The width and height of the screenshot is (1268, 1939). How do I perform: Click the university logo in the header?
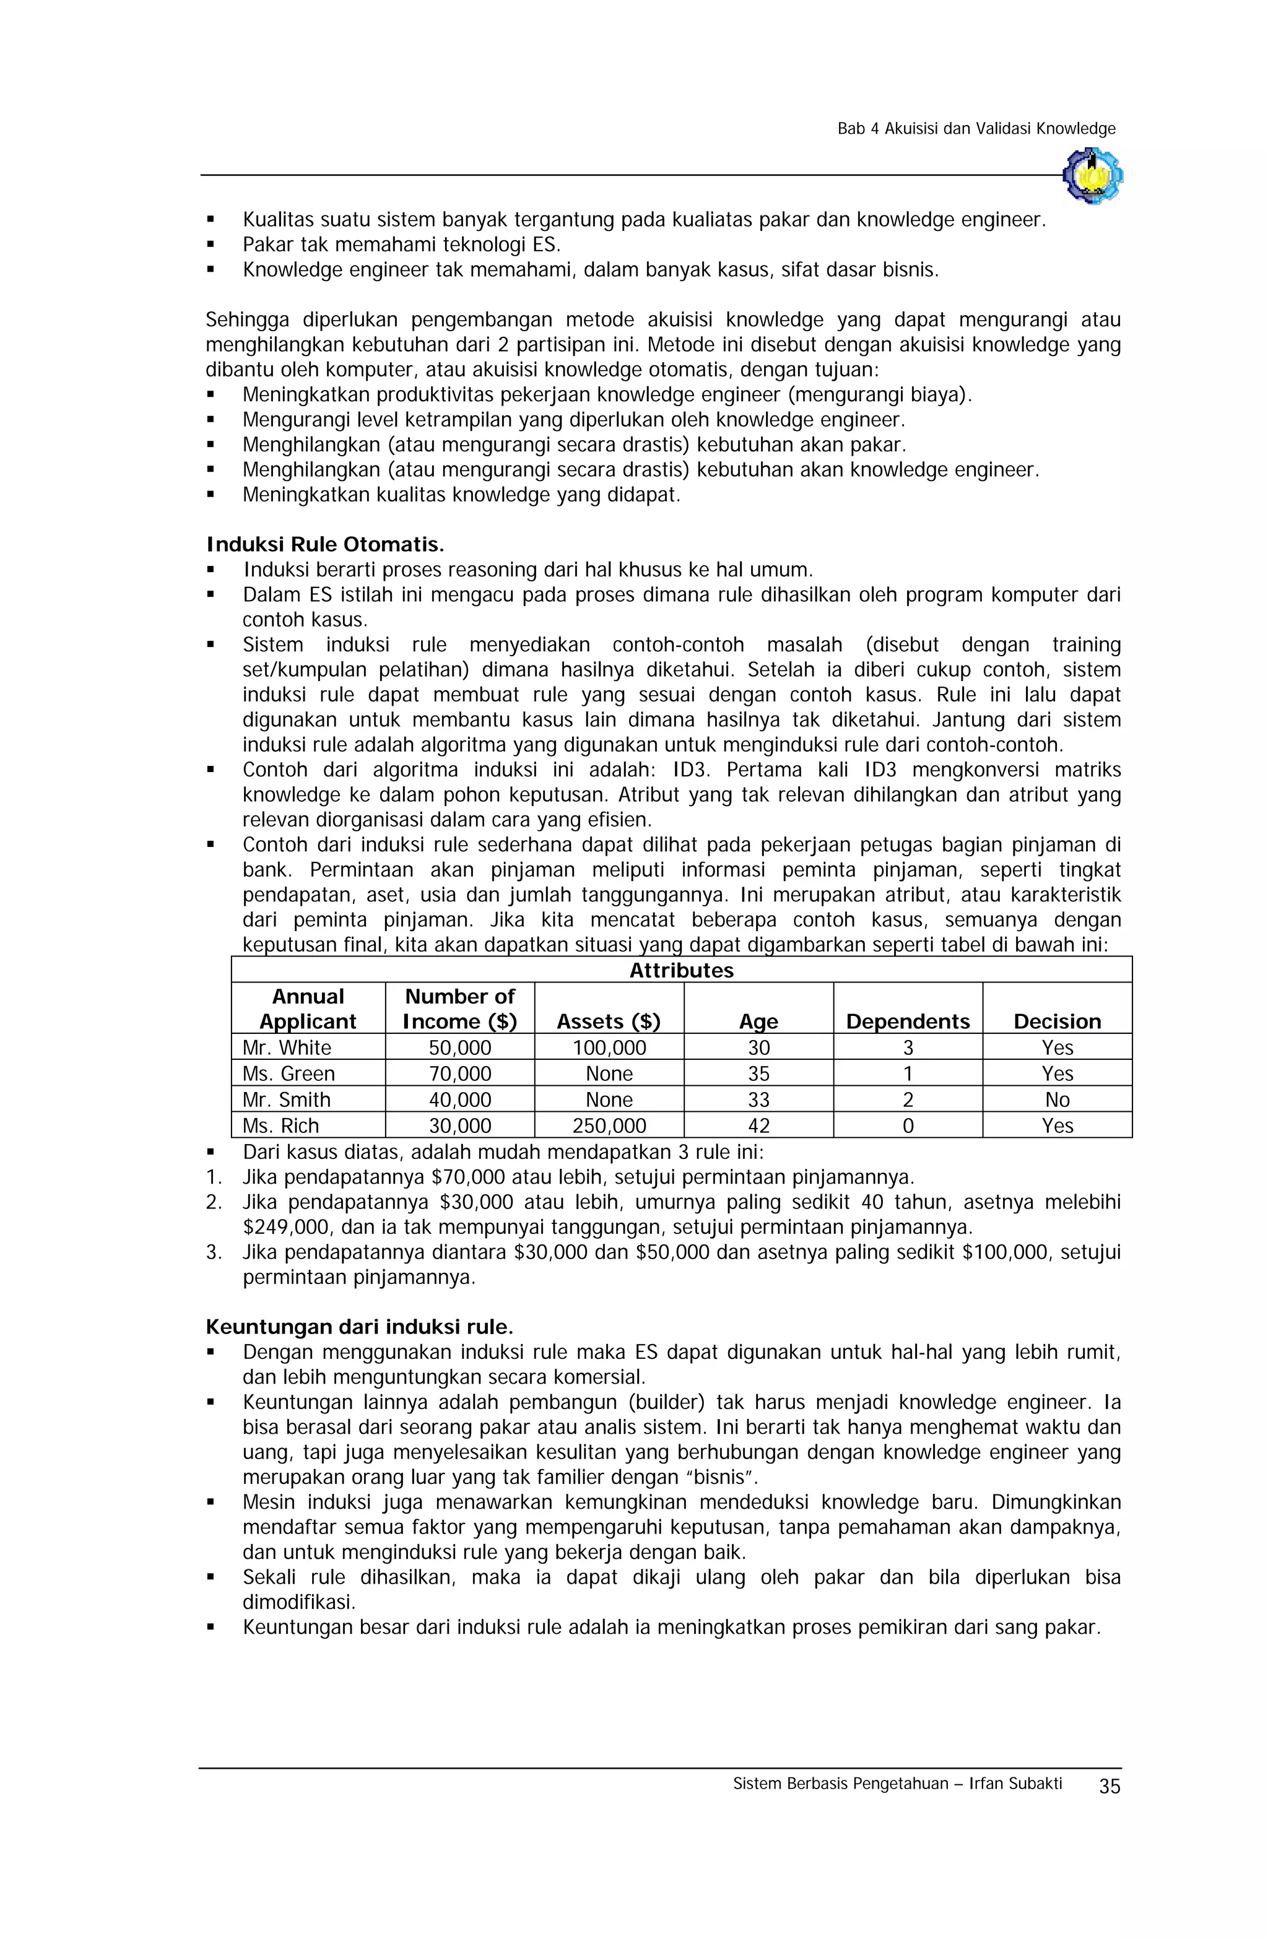click(x=1092, y=175)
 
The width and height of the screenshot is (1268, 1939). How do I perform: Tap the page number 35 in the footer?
click(x=1109, y=1786)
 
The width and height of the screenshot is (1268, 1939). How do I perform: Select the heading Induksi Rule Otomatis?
click(x=325, y=544)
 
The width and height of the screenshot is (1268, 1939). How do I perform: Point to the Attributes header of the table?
click(x=681, y=970)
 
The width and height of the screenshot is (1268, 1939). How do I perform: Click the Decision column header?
click(x=1057, y=1021)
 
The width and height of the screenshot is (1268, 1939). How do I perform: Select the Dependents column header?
click(x=908, y=1021)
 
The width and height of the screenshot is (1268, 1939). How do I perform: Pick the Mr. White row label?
click(x=287, y=1047)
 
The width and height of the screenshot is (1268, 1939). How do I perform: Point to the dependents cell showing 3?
click(x=908, y=1047)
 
